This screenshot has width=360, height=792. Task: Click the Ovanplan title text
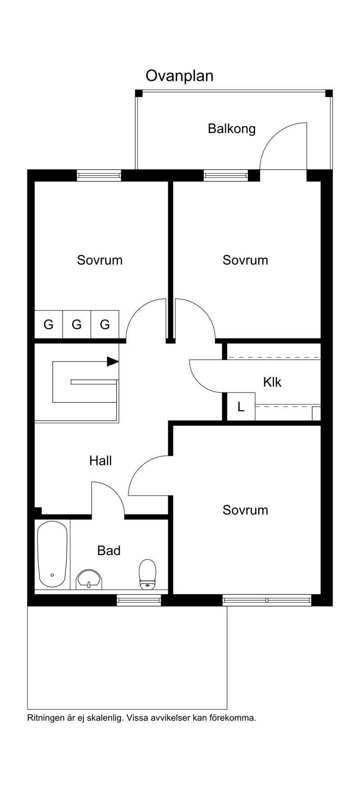(179, 76)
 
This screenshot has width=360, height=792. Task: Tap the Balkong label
(232, 129)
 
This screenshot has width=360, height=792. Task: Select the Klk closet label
(272, 382)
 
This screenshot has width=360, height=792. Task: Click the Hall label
(100, 460)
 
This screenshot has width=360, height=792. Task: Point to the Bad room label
(109, 550)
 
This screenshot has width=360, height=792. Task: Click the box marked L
(241, 407)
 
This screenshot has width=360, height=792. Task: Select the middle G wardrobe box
(77, 324)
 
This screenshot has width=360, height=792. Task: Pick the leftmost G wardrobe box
(49, 324)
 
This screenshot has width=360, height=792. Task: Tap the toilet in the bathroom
(147, 574)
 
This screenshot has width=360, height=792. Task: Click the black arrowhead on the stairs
(113, 361)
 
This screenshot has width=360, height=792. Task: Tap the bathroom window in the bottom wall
(139, 599)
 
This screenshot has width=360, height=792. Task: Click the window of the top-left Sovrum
(99, 175)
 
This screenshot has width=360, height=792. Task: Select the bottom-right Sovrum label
(245, 510)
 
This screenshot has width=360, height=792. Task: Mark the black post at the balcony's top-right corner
(329, 93)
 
